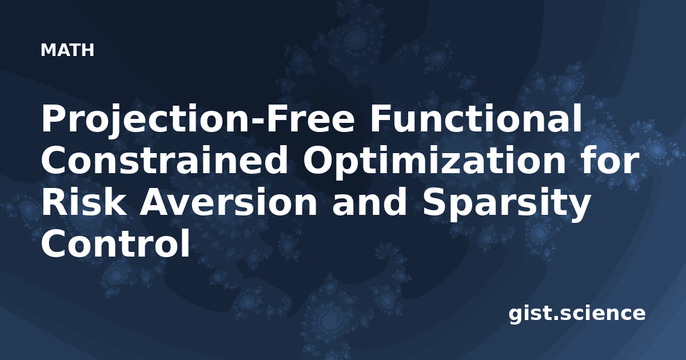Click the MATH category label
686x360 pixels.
(67, 50)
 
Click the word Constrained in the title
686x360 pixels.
(165, 159)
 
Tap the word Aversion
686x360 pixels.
(229, 201)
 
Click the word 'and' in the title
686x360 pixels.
(370, 201)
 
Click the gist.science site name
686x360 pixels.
(577, 314)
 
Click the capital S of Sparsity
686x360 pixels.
(435, 201)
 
